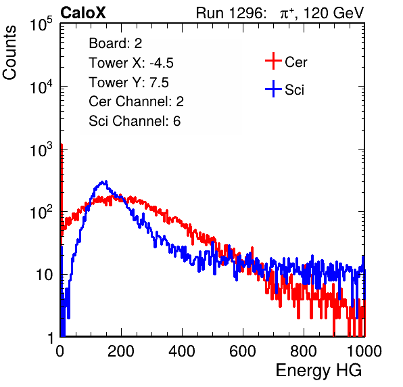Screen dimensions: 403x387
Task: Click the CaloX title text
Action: click(83, 13)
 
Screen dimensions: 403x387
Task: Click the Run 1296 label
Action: click(231, 13)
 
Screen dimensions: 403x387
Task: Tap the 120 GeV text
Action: click(334, 13)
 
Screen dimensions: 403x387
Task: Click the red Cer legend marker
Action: click(273, 61)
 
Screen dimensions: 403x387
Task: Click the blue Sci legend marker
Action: click(273, 89)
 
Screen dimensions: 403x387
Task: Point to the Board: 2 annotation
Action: click(116, 43)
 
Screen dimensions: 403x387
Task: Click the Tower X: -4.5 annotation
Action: click(131, 63)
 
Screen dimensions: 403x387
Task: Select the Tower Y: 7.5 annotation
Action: click(128, 83)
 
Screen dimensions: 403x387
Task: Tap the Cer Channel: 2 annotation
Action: click(136, 101)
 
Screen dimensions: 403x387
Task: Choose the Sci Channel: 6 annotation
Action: click(135, 121)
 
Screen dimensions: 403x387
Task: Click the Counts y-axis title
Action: click(9, 53)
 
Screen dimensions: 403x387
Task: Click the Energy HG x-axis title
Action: click(318, 371)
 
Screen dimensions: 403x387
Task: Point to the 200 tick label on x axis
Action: click(121, 351)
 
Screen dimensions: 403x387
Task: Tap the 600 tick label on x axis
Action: click(243, 351)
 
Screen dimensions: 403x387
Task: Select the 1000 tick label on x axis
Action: click(364, 351)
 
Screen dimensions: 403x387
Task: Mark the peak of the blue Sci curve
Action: click(103, 181)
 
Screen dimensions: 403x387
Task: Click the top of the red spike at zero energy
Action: click(62, 145)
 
